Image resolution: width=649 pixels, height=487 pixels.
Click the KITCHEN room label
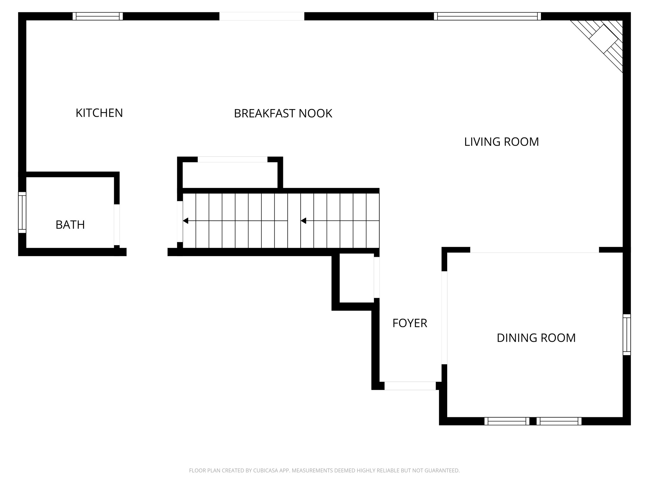pos(99,113)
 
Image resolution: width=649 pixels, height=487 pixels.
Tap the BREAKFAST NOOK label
pos(283,114)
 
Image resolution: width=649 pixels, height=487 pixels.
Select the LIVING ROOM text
pos(501,142)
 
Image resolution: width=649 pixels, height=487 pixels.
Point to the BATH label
pos(70,225)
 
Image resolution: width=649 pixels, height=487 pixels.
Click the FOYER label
pos(410,323)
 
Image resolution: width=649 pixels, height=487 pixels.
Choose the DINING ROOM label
pos(536,338)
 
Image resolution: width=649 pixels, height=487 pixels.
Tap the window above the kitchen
pos(98,16)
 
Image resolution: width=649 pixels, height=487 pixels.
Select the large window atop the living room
pos(487,16)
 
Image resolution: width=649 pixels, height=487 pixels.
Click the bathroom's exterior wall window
pos(22,212)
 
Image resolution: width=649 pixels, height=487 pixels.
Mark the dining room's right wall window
pos(627,334)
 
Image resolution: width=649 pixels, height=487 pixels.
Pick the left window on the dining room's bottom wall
pos(507,421)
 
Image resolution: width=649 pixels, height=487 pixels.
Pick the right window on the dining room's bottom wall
pos(559,421)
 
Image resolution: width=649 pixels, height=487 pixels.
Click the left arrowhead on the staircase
pos(186,221)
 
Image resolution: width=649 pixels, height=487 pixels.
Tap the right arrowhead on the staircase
pos(303,221)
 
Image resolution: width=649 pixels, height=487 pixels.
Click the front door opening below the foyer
pos(410,386)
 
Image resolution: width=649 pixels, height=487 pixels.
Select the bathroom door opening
pos(117,224)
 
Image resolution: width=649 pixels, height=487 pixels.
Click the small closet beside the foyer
pos(357,278)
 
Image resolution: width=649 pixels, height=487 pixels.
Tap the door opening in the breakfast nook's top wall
pos(262,16)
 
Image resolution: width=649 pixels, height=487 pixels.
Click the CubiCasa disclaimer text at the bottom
pos(324,471)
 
